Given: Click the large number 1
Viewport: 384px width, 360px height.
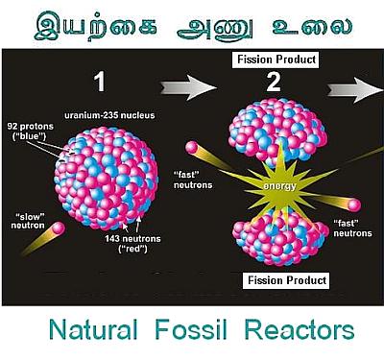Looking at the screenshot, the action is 100,82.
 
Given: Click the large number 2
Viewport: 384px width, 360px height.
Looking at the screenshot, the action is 274,82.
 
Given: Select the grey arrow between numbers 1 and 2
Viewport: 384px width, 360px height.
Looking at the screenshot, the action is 188,87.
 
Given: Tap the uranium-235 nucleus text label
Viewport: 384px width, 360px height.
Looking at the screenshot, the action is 109,115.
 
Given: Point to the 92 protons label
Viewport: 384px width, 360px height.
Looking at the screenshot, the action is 31,132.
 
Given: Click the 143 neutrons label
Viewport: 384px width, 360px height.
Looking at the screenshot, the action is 132,244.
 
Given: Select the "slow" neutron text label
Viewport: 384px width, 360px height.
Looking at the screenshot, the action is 28,221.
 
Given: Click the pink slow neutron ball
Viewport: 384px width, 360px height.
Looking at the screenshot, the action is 59,228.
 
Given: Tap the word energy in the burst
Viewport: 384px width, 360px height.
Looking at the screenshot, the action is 279,186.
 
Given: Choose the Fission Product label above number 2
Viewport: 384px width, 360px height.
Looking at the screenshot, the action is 276,60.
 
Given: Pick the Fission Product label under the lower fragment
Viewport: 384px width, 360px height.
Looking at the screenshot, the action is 286,280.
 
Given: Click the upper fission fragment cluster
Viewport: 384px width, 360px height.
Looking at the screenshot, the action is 277,130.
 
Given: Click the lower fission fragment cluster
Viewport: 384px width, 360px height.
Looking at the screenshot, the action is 280,238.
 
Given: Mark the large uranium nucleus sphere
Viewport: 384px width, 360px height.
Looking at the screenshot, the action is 106,179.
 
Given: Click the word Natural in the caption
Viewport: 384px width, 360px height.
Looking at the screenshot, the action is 93,329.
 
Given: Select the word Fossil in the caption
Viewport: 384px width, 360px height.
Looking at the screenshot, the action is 191,329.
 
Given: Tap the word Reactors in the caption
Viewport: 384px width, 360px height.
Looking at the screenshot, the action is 300,329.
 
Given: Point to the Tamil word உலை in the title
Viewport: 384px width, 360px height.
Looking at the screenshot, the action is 312,27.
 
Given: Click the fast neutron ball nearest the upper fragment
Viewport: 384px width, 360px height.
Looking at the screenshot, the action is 192,148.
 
